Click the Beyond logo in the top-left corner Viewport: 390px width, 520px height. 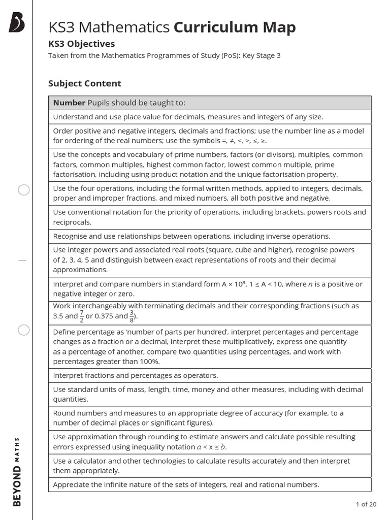[17, 23]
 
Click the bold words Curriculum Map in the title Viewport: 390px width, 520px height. [235, 27]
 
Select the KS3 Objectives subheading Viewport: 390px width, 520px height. [81, 44]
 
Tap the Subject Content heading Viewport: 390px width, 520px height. [84, 83]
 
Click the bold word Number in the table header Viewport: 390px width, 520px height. [69, 103]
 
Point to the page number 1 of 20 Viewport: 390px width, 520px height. [366, 504]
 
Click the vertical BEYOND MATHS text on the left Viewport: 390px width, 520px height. [17, 471]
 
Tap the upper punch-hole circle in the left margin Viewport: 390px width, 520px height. [24, 190]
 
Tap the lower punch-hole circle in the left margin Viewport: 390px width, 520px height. [24, 331]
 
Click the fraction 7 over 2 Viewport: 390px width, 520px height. [81, 316]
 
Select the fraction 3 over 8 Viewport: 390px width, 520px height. [132, 316]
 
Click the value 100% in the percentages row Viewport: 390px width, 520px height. [147, 361]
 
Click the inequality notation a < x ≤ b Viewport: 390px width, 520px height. [211, 447]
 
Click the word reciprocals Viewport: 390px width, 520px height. [72, 222]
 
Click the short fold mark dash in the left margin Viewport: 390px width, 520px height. [22, 259]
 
